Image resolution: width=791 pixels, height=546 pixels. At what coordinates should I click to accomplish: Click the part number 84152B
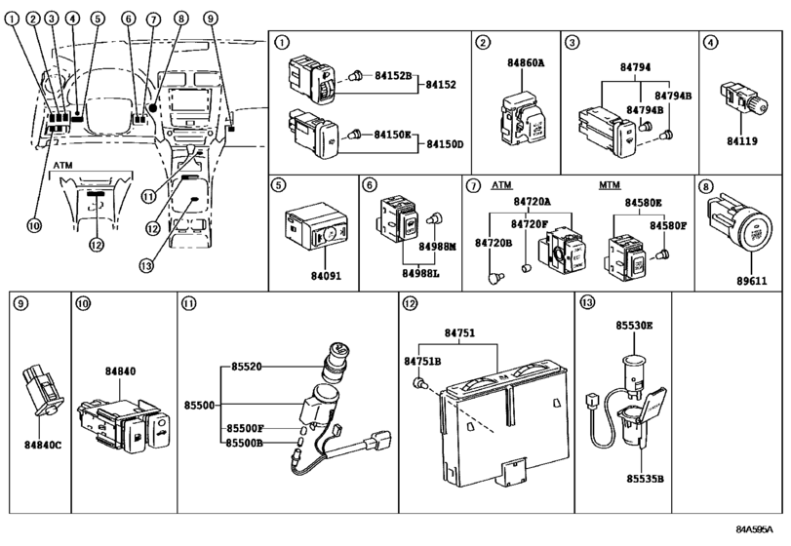click(393, 74)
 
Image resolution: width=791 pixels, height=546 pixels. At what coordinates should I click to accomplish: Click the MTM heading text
click(610, 184)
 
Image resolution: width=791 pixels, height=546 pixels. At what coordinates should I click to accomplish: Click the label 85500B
click(246, 443)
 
